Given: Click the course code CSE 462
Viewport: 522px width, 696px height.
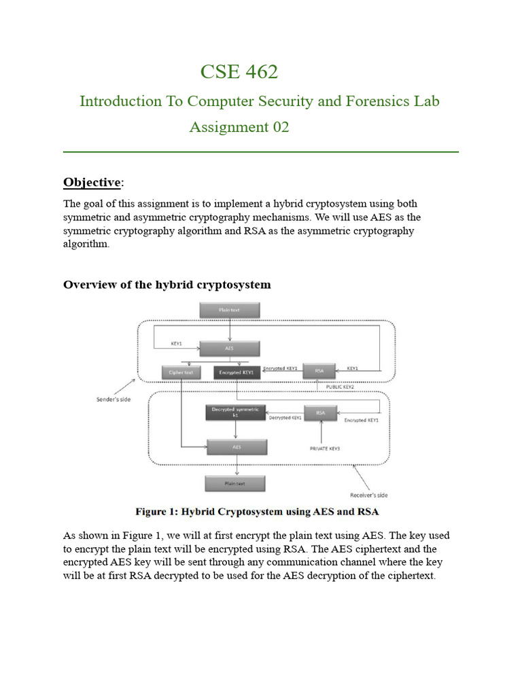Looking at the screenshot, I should (239, 71).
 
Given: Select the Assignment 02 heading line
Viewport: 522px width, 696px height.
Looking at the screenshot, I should (239, 127).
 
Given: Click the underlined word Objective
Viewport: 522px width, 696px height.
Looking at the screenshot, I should (92, 182).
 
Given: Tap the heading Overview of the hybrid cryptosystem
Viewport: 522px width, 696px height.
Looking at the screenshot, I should (167, 285).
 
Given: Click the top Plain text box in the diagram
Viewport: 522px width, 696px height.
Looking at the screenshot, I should (229, 311).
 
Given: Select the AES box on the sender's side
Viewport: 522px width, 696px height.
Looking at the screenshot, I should (229, 349).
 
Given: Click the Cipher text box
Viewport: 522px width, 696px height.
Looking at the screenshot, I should (181, 372).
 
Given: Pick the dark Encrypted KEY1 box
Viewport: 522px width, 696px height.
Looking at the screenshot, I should (237, 372).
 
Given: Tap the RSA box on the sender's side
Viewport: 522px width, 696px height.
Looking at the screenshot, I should (319, 371).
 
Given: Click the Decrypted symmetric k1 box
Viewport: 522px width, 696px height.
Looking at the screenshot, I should (234, 413).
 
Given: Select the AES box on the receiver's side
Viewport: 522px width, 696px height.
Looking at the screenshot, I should (237, 447).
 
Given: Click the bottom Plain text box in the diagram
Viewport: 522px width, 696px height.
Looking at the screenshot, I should (235, 483).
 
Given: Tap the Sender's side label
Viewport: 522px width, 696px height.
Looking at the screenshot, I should (113, 399).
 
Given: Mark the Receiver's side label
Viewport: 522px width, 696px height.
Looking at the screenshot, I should (369, 495).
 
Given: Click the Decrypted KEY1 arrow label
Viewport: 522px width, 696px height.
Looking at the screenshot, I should (285, 418).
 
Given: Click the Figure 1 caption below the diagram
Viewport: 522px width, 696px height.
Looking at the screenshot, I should (257, 511).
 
